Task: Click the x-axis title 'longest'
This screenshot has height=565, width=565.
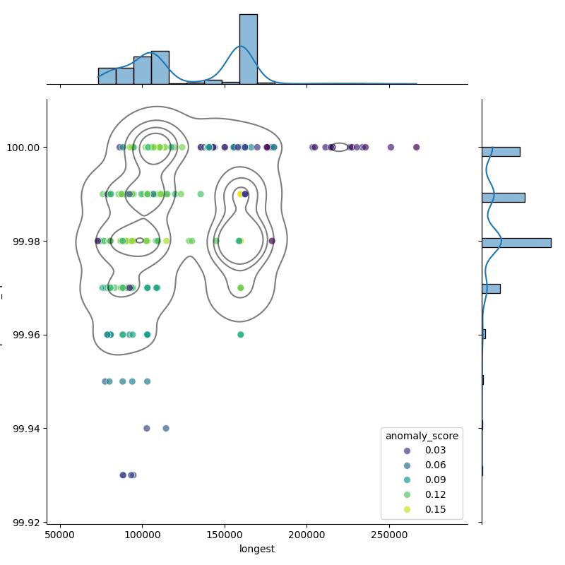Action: point(257,549)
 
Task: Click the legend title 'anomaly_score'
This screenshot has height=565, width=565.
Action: point(422,436)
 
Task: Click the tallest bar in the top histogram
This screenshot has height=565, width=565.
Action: point(248,49)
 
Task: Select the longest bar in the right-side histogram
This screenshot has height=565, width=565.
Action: point(516,242)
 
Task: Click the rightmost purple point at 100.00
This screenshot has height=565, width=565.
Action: point(416,147)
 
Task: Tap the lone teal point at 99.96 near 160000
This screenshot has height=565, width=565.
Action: point(240,335)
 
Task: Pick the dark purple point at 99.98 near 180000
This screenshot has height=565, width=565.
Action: point(272,241)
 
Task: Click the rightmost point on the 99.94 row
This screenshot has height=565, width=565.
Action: point(166,428)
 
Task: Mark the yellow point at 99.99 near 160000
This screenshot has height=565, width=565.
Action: point(240,194)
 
